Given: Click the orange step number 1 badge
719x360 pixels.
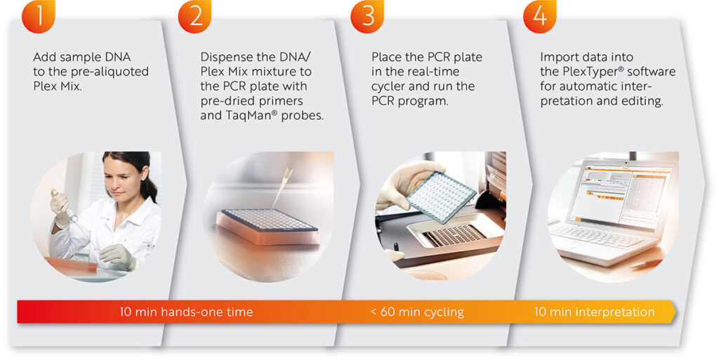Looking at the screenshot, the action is point(39,15).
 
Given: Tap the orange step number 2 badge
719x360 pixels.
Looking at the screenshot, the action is point(195,15).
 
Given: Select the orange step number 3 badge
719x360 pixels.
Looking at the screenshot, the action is point(367,15).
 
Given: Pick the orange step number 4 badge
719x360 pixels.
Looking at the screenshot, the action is point(540,15).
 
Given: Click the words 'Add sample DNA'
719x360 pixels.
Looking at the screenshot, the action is point(82,58).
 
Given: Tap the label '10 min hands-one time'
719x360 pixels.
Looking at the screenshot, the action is point(186,312).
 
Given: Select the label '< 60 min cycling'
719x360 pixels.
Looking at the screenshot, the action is point(417,312).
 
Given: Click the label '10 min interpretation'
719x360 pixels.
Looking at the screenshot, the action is point(594,312).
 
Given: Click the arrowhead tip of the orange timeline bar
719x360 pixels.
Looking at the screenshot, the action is point(676,312).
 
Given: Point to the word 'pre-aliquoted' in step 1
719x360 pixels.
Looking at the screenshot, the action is point(108,72).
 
